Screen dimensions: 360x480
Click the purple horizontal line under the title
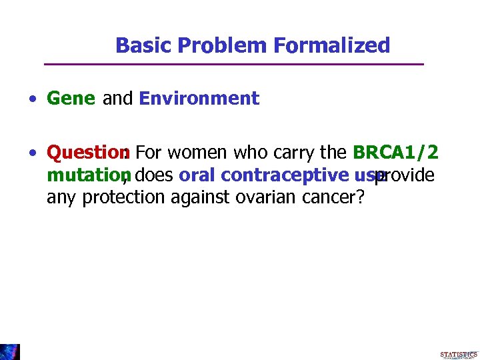coord(233,64)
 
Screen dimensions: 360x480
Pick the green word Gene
coord(71,99)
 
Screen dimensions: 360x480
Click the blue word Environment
coord(199,99)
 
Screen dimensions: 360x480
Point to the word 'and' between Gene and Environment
coord(117,99)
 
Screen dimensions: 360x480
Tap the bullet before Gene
coord(32,99)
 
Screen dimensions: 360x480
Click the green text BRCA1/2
coord(395,153)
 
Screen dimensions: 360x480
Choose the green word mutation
coord(84,175)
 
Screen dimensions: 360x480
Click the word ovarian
coord(260,198)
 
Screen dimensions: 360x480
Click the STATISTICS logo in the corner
coord(459,355)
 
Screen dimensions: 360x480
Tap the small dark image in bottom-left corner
coord(10,351)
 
